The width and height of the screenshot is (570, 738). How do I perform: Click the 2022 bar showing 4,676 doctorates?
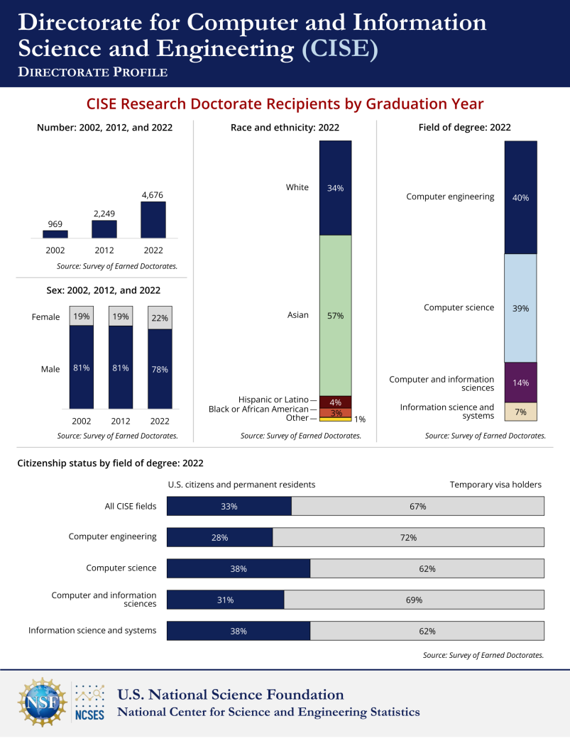pyautogui.click(x=153, y=220)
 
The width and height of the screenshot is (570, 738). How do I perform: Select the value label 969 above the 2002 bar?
pyautogui.click(x=55, y=224)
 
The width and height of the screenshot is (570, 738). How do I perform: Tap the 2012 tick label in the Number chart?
pyautogui.click(x=104, y=250)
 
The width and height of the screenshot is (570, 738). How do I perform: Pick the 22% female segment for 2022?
pyautogui.click(x=160, y=318)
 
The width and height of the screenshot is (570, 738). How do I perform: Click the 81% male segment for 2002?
pyautogui.click(x=81, y=368)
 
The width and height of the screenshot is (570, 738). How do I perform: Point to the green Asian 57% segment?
pyautogui.click(x=335, y=315)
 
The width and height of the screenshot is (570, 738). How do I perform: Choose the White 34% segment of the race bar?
pyautogui.click(x=335, y=188)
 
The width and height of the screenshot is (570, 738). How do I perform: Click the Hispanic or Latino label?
pyautogui.click(x=274, y=400)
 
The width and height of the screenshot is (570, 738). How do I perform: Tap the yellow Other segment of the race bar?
pyautogui.click(x=335, y=419)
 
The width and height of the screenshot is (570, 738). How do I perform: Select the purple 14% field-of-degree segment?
pyautogui.click(x=520, y=382)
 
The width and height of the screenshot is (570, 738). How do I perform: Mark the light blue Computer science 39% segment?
pyautogui.click(x=520, y=308)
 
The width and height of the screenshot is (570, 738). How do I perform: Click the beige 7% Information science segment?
pyautogui.click(x=520, y=412)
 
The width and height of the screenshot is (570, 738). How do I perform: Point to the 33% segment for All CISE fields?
pyautogui.click(x=229, y=506)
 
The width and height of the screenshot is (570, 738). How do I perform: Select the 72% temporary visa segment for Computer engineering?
pyautogui.click(x=408, y=537)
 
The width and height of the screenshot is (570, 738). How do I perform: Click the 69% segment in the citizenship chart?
pyautogui.click(x=414, y=600)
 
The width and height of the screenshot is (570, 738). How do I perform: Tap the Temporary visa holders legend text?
pyautogui.click(x=495, y=485)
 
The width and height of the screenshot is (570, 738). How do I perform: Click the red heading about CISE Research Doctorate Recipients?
pyautogui.click(x=285, y=104)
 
